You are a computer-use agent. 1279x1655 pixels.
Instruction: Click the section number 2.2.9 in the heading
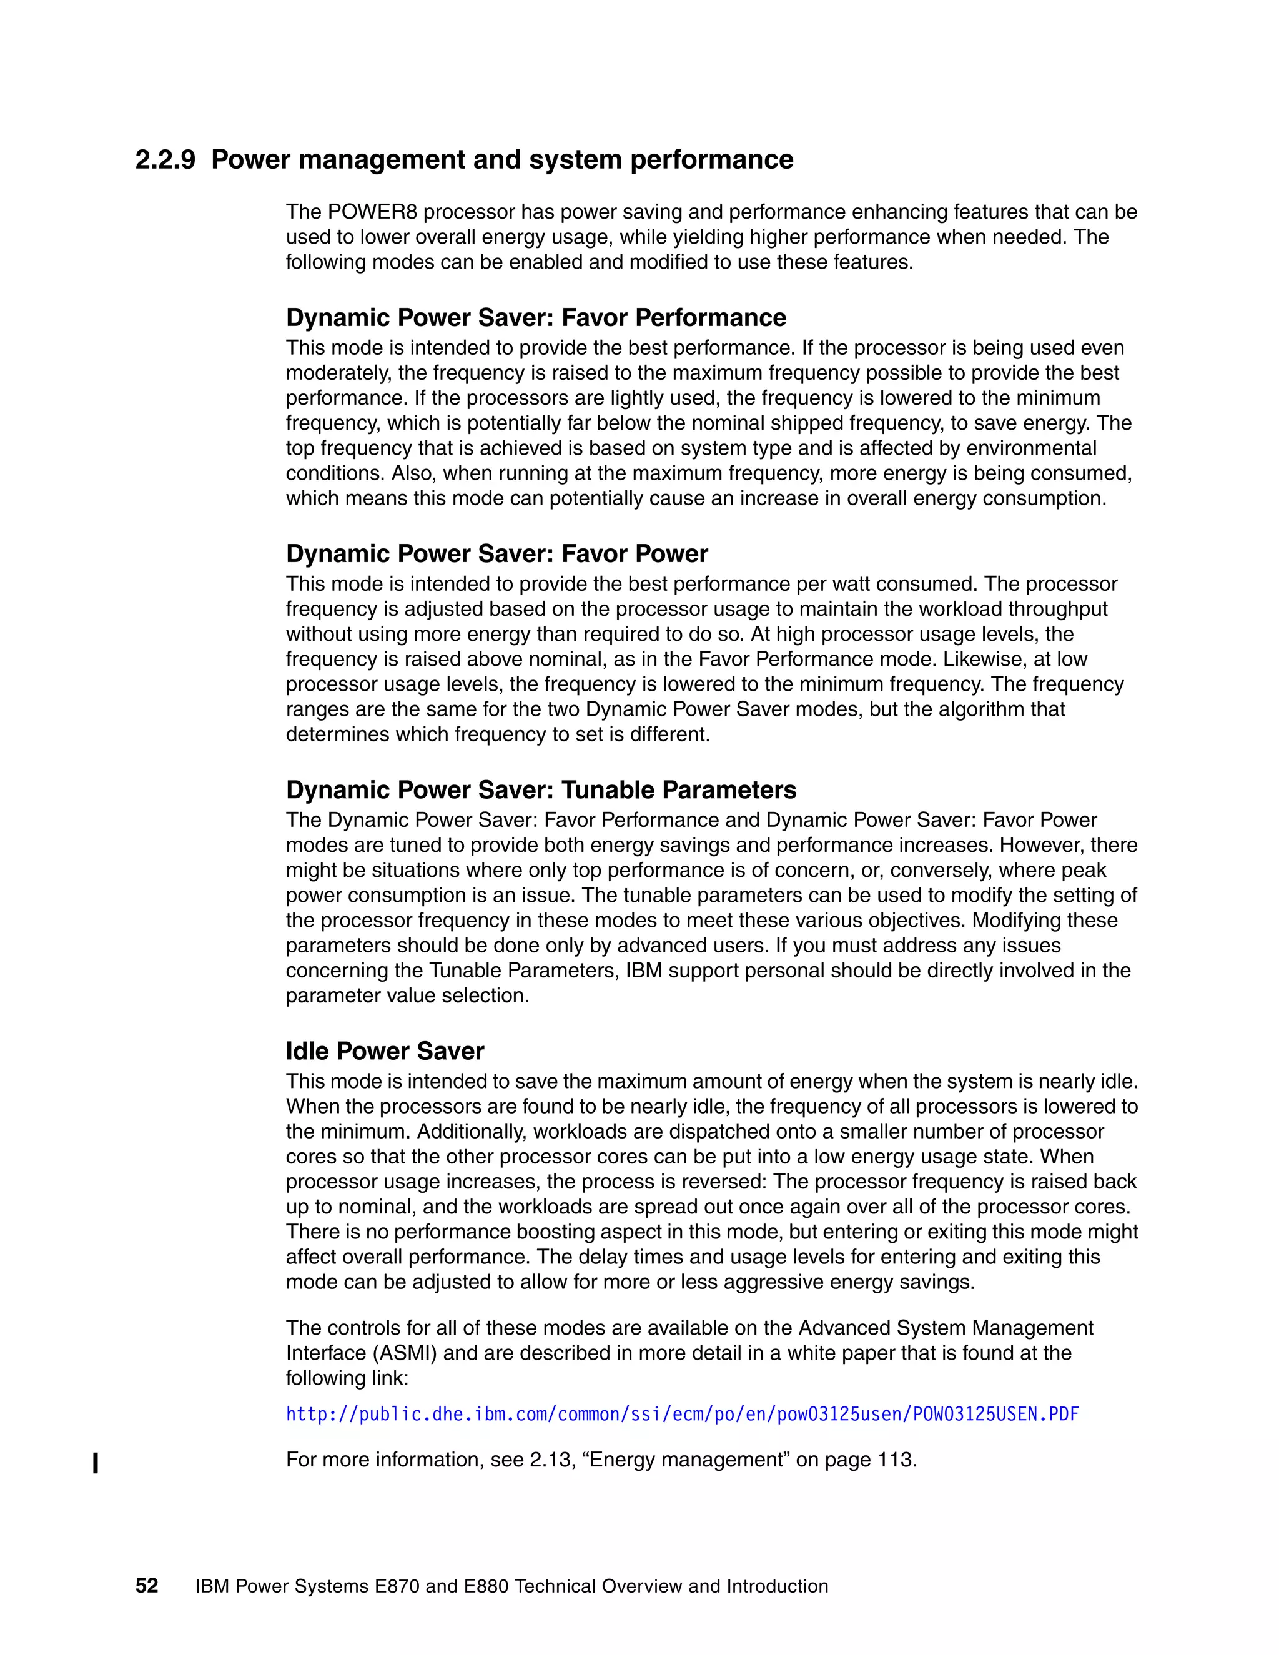coord(165,160)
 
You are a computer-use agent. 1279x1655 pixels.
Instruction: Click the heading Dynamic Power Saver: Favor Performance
coord(536,317)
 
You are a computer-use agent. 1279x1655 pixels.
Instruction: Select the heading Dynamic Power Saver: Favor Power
coord(496,554)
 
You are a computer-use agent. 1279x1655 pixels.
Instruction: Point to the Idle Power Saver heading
coord(384,1051)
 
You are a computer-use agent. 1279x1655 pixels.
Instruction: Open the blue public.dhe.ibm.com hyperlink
coord(682,1414)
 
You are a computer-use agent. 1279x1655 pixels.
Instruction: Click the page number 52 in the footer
coord(146,1586)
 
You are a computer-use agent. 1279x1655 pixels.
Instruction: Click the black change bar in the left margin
coord(95,1463)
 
